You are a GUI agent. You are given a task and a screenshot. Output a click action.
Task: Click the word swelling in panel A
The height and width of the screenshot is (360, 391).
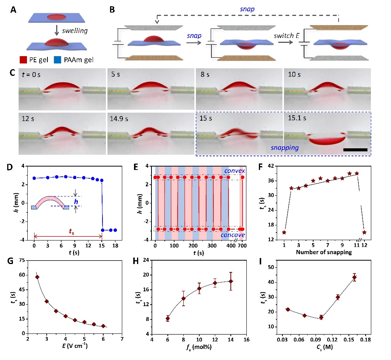[x=77, y=31]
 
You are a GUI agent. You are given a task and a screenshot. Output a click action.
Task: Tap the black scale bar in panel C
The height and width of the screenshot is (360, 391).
[x=355, y=150]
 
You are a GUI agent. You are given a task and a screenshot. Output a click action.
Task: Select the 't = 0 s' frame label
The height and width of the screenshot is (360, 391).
[x=32, y=75]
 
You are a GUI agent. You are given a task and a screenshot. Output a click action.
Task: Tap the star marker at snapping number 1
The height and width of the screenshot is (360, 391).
[x=284, y=232]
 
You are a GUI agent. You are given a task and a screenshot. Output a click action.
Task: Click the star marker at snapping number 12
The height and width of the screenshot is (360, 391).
[x=364, y=232]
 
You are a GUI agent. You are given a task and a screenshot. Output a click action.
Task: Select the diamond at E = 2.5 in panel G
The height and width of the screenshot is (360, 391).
[x=37, y=277]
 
